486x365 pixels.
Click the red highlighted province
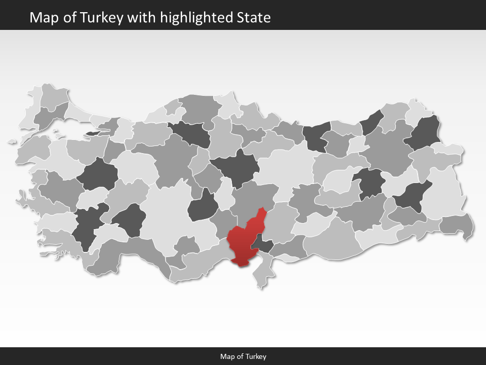tap(243, 243)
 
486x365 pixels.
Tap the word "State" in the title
tap(254, 18)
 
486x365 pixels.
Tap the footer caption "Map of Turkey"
tap(243, 356)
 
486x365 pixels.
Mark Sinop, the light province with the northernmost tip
tap(228, 104)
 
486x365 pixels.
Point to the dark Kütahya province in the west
tap(97, 175)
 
